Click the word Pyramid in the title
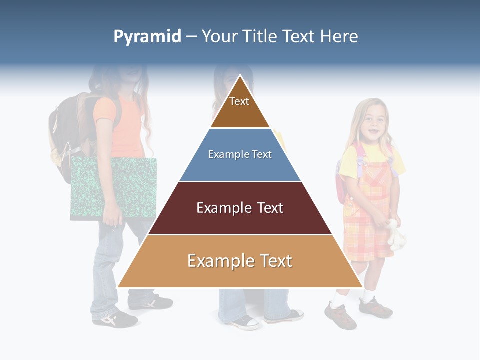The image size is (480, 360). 147,37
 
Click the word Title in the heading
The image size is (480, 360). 261,36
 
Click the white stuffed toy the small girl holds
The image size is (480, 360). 396,235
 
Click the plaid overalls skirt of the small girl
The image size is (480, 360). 365,235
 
